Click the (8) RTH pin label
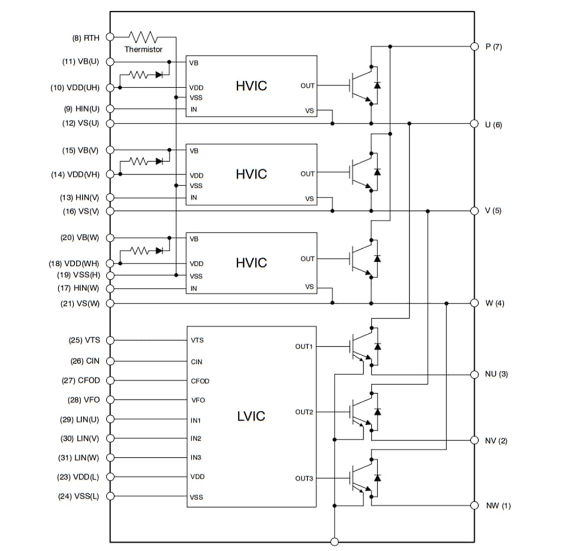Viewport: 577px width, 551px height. pos(85,38)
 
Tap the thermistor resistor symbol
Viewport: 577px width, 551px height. pos(143,37)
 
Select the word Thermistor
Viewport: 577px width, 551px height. pos(143,49)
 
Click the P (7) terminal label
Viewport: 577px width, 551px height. pos(493,47)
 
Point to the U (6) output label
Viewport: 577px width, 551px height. pos(493,125)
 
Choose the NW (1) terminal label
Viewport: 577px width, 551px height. pos(497,506)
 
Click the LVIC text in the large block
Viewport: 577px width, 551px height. pos(251,416)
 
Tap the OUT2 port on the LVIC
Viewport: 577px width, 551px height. pos(304,412)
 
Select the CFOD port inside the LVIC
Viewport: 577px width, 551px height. pos(200,381)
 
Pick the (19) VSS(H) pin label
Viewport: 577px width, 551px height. pos(78,275)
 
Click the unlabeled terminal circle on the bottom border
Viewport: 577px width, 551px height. pos(334,542)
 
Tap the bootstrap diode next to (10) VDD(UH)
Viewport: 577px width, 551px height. pos(159,75)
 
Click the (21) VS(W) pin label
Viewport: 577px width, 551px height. pos(80,303)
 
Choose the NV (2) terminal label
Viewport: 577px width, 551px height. pos(496,441)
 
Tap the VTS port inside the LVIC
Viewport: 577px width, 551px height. pos(197,340)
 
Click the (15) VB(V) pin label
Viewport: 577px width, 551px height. pos(81,150)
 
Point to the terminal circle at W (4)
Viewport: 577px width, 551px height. pos(474,303)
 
